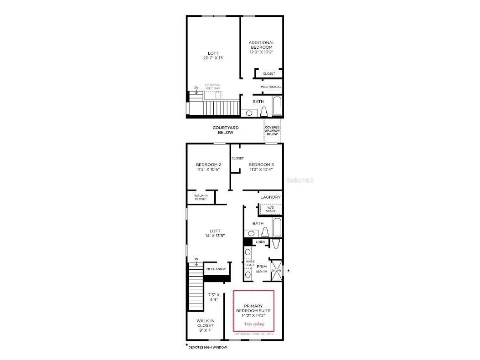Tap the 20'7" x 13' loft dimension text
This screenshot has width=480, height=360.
(x=213, y=58)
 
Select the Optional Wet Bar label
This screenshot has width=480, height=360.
(x=213, y=87)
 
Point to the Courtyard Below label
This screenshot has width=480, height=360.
(x=226, y=130)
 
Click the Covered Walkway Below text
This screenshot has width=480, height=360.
(x=272, y=131)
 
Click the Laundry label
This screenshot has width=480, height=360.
(x=270, y=197)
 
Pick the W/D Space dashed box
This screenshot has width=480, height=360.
(x=270, y=209)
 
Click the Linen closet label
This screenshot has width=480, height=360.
(x=260, y=242)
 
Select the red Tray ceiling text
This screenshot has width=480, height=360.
(x=254, y=324)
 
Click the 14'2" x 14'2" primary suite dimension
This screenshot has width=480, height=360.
(x=254, y=315)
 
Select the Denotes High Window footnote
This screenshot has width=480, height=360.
(x=207, y=347)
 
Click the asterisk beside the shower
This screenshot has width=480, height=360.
(x=288, y=271)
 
